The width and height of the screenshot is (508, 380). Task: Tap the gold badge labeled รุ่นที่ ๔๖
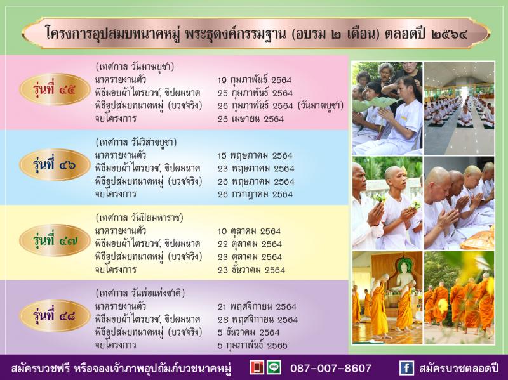(x=55, y=165)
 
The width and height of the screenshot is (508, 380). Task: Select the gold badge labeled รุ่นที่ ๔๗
(x=55, y=240)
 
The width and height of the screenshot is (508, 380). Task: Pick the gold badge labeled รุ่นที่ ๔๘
(x=55, y=316)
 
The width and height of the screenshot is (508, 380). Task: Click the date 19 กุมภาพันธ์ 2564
(x=255, y=81)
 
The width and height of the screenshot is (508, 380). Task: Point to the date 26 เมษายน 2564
(x=251, y=119)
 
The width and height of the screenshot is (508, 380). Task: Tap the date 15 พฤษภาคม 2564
(x=255, y=155)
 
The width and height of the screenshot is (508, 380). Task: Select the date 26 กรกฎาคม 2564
(x=255, y=194)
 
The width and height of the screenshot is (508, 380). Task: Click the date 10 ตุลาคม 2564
(x=249, y=232)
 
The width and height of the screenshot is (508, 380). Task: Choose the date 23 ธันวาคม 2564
(x=251, y=270)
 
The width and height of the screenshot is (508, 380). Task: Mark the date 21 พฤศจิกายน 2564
(x=257, y=306)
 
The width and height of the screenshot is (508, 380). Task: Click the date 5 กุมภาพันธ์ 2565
(x=252, y=345)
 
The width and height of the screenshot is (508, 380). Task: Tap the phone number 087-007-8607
(x=330, y=368)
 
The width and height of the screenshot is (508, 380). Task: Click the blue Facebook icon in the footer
(x=406, y=368)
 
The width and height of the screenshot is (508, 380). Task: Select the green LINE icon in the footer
(x=274, y=368)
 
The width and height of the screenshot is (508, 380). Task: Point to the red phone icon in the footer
(x=257, y=368)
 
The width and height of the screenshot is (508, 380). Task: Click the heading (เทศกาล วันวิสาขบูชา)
(x=136, y=142)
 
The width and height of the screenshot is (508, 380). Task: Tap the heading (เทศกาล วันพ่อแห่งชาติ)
(x=140, y=293)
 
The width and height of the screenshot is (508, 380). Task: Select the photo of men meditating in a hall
(x=459, y=108)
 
